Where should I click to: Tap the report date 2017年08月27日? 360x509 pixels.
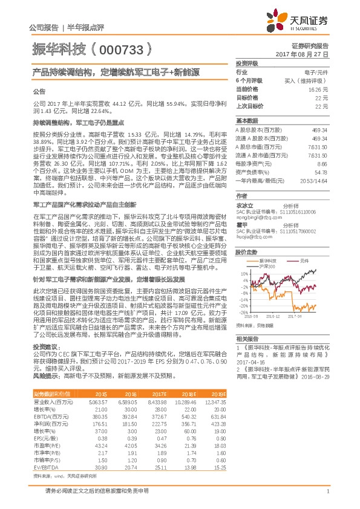tap(307, 54)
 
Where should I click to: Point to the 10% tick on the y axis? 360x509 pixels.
tap(243, 273)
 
